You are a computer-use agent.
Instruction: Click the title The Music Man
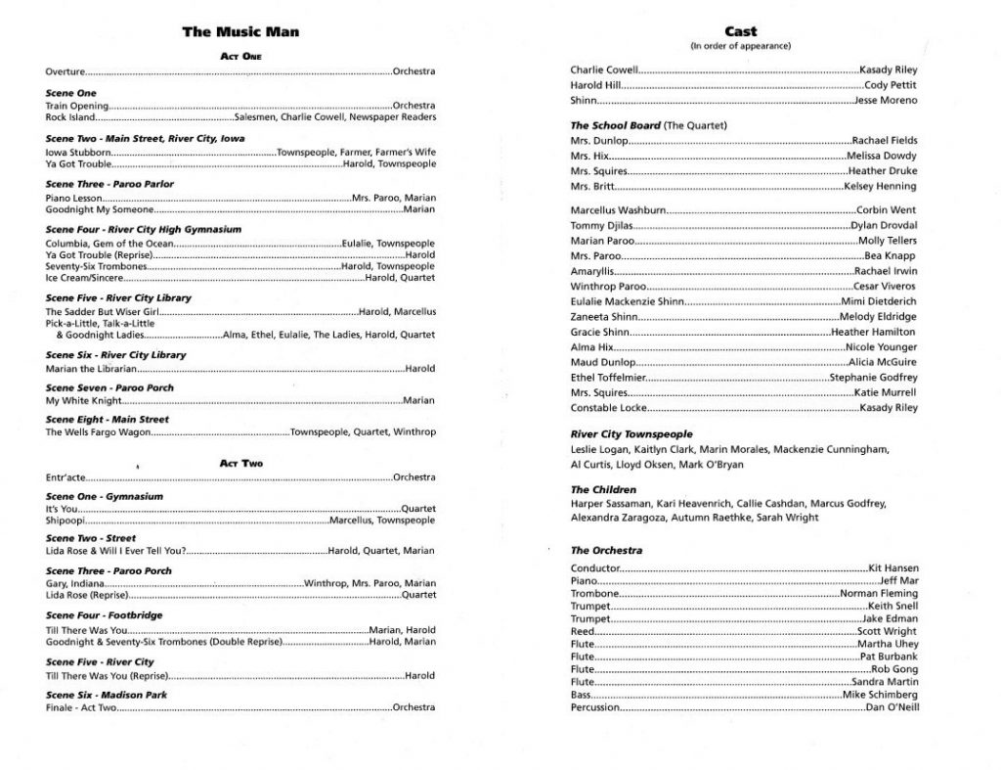[240, 32]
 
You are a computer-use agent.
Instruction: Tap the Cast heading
[740, 31]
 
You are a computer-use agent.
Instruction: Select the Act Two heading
[240, 463]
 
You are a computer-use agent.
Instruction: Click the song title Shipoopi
[64, 521]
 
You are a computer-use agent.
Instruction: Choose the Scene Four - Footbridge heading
[105, 615]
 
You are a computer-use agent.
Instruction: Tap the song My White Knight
[83, 400]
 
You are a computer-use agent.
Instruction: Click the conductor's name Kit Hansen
[892, 567]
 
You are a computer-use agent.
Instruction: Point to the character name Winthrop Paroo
[608, 287]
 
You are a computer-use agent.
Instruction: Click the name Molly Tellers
[888, 241]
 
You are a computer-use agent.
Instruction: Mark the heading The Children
[603, 489]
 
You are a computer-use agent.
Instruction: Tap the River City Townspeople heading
[631, 433]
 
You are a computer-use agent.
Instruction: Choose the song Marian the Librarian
[90, 369]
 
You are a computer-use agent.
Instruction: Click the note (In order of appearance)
[740, 46]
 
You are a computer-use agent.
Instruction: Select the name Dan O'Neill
[892, 706]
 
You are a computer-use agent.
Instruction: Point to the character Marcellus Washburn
[618, 210]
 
